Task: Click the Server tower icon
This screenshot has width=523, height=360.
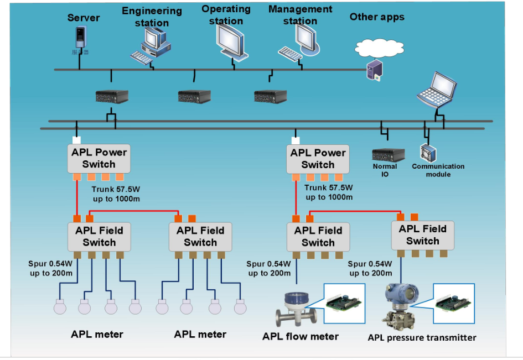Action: pos(81,42)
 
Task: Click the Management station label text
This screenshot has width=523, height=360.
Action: pos(300,15)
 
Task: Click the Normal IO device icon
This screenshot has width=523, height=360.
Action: pos(385,154)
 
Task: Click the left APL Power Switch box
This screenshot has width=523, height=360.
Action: pos(99,158)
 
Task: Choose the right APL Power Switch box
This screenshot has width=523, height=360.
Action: pos(318,159)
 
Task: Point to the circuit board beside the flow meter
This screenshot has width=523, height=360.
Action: pos(344,304)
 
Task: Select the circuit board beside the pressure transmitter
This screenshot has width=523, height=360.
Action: pos(453,304)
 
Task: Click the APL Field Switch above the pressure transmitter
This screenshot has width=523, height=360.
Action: pos(423,235)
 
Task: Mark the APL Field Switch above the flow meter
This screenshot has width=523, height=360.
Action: pos(318,237)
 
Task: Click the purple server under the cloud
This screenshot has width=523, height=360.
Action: pos(375,71)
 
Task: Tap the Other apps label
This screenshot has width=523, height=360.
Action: pos(377,17)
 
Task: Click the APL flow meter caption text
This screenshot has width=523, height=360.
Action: pos(301,336)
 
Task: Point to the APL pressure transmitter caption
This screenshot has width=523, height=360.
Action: pos(422,337)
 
